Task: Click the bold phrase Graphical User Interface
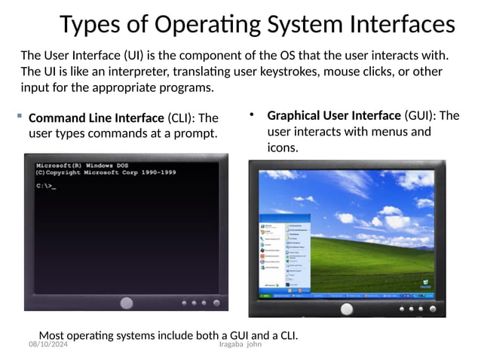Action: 334,115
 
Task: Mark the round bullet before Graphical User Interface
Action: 253,114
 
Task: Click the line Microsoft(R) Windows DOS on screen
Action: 82,165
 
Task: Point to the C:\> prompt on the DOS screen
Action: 44,186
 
